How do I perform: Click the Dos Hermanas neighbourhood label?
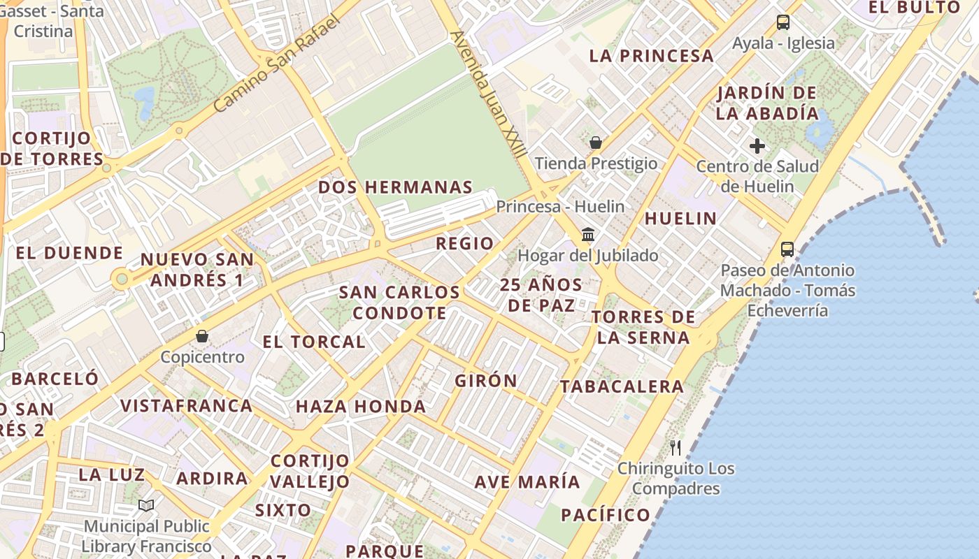click(395, 187)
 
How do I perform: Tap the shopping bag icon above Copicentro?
click(202, 337)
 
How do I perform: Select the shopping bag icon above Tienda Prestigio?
click(596, 143)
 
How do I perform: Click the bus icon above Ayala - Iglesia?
click(783, 22)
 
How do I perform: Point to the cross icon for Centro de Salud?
click(757, 146)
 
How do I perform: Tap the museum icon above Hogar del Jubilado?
click(588, 235)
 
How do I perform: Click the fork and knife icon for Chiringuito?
click(676, 448)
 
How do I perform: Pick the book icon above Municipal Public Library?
click(146, 505)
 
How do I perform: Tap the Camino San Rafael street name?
click(277, 64)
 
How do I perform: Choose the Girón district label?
click(486, 381)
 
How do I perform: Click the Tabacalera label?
click(622, 386)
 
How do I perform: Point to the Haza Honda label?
click(361, 407)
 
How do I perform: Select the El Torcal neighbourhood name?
click(314, 342)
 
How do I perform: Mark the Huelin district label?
click(680, 219)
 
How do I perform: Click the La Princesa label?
click(652, 56)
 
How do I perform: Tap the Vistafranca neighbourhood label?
click(187, 406)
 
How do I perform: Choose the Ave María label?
click(527, 482)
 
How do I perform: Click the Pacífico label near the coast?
click(606, 516)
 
